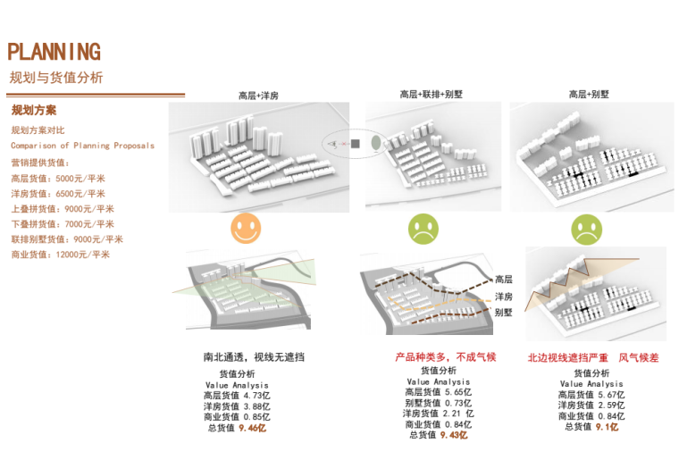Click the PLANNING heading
click(54, 52)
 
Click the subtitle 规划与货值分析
click(55, 78)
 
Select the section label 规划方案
click(34, 112)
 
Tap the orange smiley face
click(246, 229)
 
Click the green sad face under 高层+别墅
click(586, 230)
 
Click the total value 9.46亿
click(252, 429)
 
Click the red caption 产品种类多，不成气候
click(445, 357)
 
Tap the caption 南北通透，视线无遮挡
click(254, 357)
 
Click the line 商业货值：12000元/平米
click(60, 255)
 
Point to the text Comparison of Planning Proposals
click(82, 145)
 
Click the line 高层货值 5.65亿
click(438, 391)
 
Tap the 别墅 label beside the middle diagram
click(504, 313)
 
